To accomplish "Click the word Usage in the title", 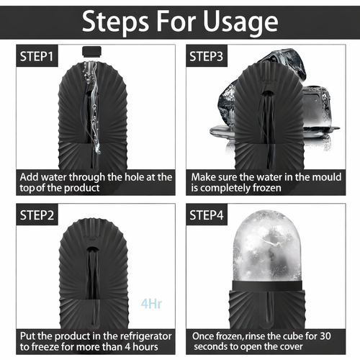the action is pos(240,22).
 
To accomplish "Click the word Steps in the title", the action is pos(115,22).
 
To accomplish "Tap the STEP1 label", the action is pos(37,57).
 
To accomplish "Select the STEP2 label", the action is pos(37,215).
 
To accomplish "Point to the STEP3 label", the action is pos(207,57).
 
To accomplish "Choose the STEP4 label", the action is pos(207,215).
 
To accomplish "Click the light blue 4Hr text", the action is pos(151,304).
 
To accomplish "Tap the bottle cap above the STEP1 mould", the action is pos(91,51).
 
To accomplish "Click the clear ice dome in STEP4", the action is pos(267,246).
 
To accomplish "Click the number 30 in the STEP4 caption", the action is pos(325,336).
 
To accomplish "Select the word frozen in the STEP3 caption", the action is pos(266,188).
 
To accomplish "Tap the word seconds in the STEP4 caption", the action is pos(208,347).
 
